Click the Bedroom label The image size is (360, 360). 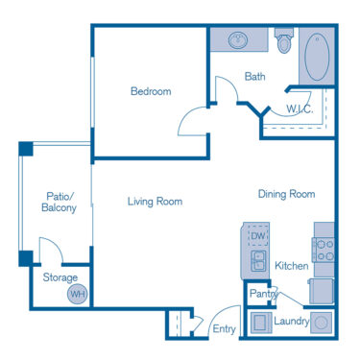151,92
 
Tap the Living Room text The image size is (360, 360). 156,202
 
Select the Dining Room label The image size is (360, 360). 286,194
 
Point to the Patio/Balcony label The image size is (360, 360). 59,202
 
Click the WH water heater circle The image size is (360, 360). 77,295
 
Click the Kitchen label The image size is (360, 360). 291,265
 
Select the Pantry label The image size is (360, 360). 262,294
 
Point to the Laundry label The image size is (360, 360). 291,322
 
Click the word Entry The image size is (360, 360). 225,329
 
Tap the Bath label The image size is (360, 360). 254,77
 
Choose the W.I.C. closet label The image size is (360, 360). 300,108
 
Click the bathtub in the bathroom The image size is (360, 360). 316,58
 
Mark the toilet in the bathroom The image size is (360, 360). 283,42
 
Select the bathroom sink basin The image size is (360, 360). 239,41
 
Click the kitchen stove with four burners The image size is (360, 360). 324,250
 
